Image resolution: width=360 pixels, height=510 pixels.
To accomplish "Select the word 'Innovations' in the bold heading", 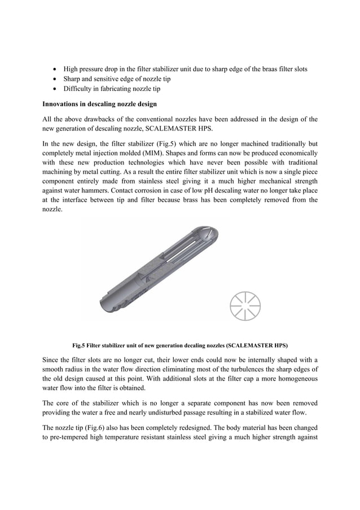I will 63,104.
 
